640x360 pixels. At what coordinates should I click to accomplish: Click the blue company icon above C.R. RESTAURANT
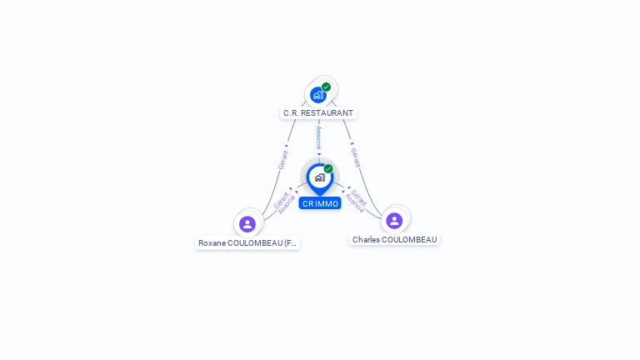pos(317,95)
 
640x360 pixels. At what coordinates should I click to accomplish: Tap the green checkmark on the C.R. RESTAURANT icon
pos(326,87)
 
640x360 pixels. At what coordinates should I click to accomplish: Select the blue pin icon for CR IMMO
pos(319,177)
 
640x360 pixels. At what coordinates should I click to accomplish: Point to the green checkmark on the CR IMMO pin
pos(328,168)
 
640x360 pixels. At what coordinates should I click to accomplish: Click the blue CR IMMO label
pos(320,203)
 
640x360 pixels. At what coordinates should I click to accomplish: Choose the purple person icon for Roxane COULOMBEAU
pos(247,223)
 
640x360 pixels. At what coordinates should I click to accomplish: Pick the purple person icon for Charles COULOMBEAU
pos(394,220)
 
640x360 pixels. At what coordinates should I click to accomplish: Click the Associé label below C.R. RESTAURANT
pos(318,137)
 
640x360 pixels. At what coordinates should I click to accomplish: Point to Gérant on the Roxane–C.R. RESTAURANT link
pos(282,160)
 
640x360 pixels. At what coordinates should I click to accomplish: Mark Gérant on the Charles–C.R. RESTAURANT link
pos(355,157)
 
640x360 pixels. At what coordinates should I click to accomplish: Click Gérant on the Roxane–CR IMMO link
pos(281,200)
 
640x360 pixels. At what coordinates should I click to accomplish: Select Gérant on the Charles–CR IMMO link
pos(359,197)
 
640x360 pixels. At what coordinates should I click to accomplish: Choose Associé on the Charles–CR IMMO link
pos(354,203)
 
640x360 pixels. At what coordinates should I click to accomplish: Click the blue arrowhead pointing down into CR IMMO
pos(319,154)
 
